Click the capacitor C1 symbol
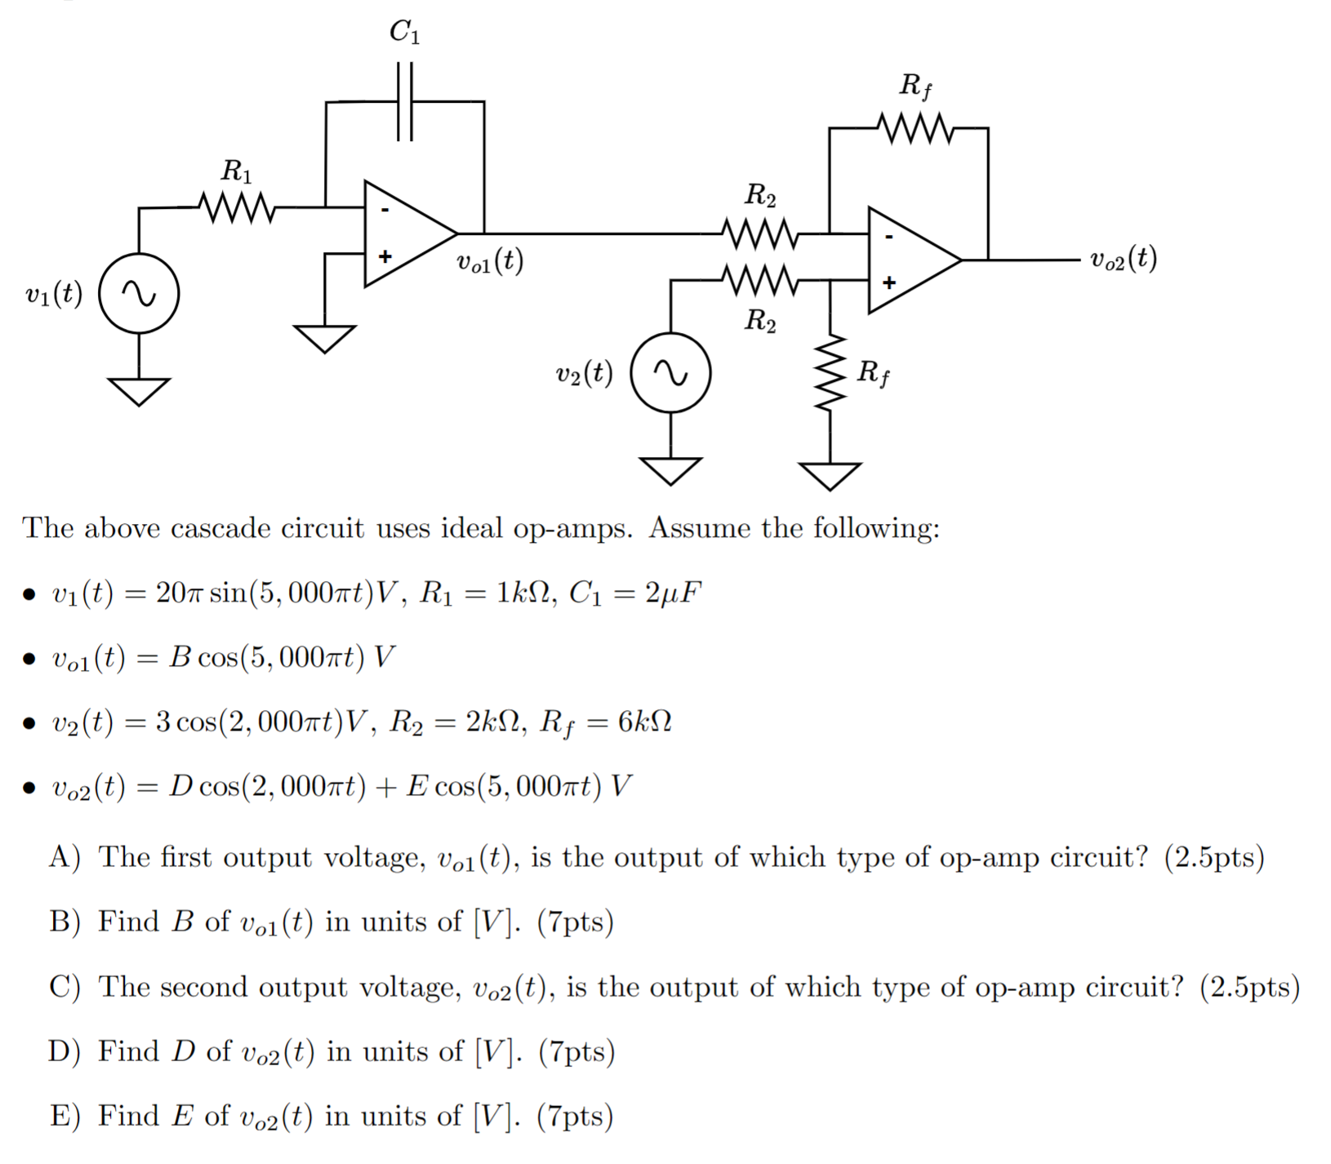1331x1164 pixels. tap(405, 102)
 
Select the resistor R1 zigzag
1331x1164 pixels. tap(237, 207)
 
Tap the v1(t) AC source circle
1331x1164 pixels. tap(139, 293)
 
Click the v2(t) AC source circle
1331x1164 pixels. tap(670, 373)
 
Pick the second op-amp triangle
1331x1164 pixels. tap(910, 260)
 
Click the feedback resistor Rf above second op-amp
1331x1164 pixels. tap(915, 128)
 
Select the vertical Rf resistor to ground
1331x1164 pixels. tap(830, 373)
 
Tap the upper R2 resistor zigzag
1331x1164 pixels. tap(759, 233)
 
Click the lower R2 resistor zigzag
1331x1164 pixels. tap(759, 280)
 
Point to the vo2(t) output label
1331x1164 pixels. tap(1124, 259)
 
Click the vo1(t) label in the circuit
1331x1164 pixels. tap(490, 261)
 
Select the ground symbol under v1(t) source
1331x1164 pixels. tap(139, 391)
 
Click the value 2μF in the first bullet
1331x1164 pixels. tap(672, 593)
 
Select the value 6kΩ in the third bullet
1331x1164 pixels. tap(644, 722)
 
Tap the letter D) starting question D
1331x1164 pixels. tap(64, 1051)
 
